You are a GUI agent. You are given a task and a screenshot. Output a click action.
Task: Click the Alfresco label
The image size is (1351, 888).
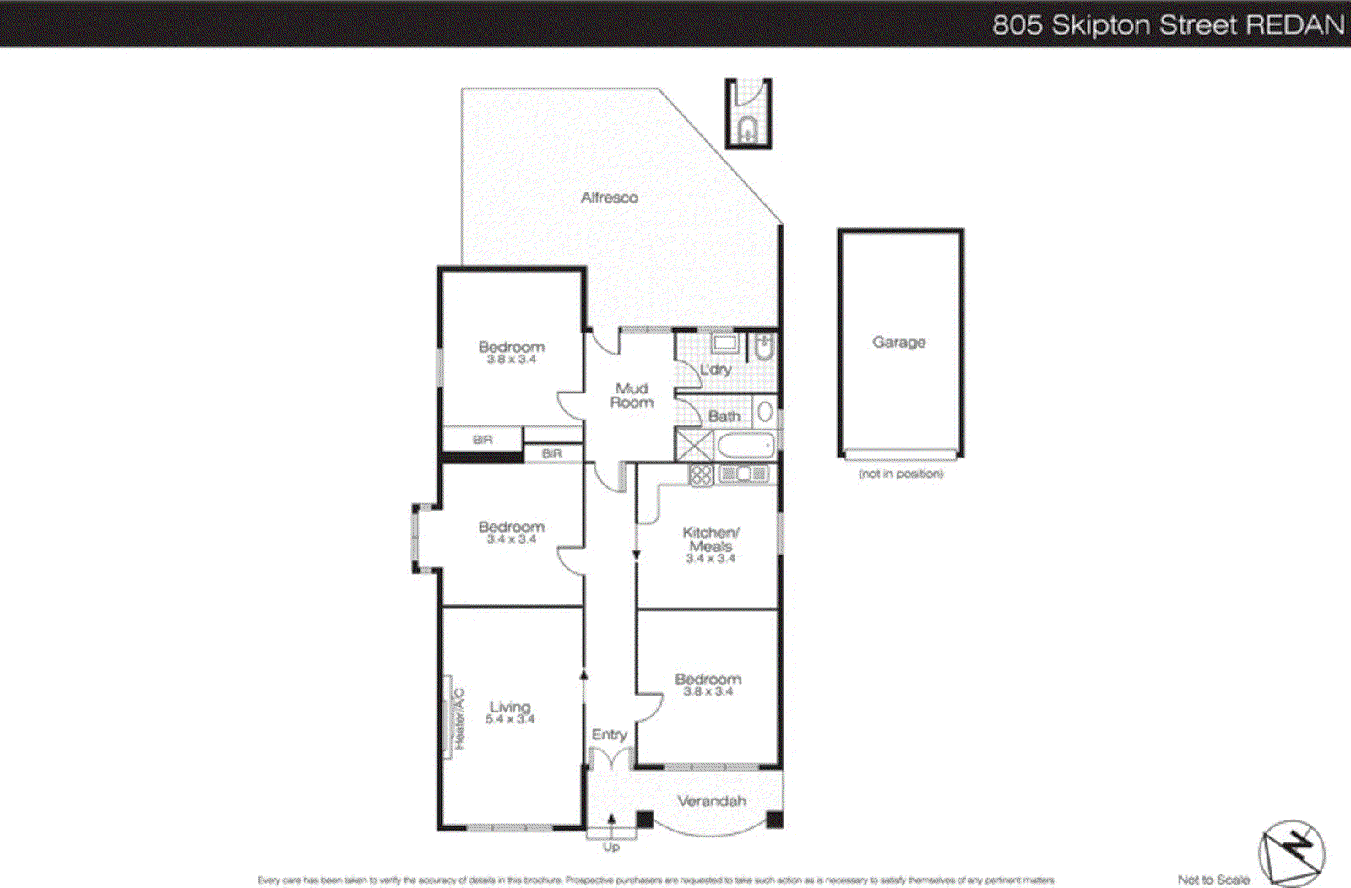click(609, 198)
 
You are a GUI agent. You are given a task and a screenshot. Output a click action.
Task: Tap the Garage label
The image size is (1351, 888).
click(899, 342)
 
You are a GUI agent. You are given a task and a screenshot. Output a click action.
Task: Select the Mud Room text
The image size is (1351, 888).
click(632, 395)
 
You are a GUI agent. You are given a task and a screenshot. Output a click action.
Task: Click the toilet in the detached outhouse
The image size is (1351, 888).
click(747, 130)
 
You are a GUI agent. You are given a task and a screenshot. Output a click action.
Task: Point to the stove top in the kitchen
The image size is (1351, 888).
click(701, 474)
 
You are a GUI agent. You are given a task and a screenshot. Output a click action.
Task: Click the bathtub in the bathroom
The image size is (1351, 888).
click(745, 446)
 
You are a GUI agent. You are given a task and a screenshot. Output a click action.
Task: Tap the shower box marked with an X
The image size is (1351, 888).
click(694, 445)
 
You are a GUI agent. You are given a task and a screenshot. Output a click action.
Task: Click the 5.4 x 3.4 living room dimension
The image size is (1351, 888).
click(510, 719)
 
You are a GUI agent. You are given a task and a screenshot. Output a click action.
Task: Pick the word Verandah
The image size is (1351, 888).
click(712, 801)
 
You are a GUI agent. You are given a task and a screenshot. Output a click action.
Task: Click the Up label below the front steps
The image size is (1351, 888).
click(611, 847)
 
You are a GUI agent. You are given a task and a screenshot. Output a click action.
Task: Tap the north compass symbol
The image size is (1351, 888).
click(1292, 853)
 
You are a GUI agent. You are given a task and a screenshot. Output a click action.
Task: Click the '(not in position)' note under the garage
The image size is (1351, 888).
click(901, 474)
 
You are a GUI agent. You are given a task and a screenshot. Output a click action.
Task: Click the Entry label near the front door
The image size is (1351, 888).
click(610, 735)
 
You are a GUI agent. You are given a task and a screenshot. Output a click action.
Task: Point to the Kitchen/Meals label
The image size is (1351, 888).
click(710, 539)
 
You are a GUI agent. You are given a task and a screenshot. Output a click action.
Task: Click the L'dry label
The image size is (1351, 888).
click(716, 370)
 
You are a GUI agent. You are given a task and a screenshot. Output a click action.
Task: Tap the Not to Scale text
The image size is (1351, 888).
click(1213, 880)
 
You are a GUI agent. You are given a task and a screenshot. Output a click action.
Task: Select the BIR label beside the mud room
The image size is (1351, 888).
click(551, 454)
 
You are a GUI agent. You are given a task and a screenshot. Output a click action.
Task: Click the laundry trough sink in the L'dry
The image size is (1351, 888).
click(724, 343)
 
